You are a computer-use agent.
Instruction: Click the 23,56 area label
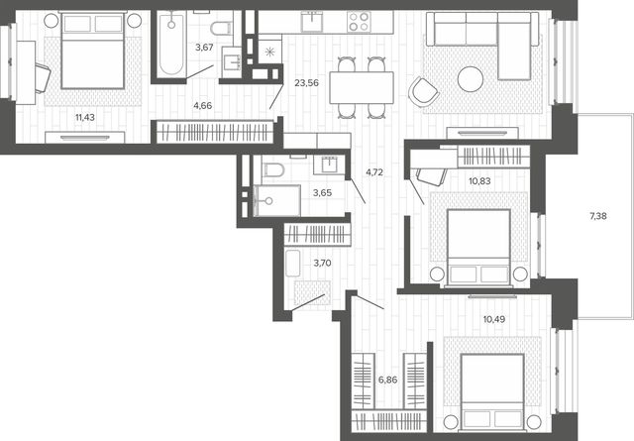(x=306, y=83)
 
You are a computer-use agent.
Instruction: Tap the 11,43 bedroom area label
(x=85, y=118)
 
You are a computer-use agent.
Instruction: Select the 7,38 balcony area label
(x=598, y=216)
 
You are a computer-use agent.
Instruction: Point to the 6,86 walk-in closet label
(x=387, y=380)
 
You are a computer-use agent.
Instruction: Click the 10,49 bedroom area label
(x=494, y=319)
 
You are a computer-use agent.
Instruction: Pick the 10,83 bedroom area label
(x=479, y=181)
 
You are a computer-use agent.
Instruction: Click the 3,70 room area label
(x=322, y=263)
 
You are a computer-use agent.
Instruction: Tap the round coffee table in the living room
(x=471, y=79)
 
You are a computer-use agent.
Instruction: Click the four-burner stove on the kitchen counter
(x=359, y=22)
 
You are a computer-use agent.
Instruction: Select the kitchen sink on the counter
(x=312, y=21)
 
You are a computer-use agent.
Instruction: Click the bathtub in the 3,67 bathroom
(x=171, y=44)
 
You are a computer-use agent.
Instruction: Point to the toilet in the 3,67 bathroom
(x=221, y=28)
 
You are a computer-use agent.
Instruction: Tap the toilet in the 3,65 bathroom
(x=273, y=169)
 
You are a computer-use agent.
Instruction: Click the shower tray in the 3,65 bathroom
(x=276, y=200)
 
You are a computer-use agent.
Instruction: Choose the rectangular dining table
(x=362, y=87)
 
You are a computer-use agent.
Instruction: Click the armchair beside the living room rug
(x=423, y=92)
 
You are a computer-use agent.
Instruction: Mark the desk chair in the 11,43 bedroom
(x=43, y=78)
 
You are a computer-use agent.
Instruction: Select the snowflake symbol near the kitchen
(x=269, y=53)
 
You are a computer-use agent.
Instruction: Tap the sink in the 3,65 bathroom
(x=329, y=165)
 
